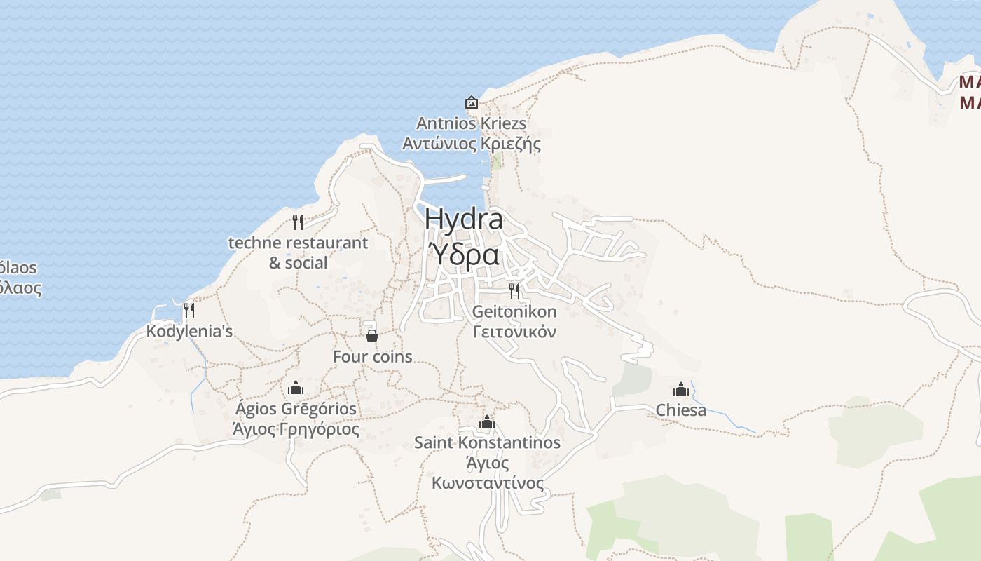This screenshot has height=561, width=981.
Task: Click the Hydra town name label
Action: (464, 219)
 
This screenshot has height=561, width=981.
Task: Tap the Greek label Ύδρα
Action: (464, 255)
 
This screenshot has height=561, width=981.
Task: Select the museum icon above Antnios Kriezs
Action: (472, 102)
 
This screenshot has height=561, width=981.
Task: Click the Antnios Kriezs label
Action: (471, 123)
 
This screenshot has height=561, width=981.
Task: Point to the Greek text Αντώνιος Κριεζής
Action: (471, 144)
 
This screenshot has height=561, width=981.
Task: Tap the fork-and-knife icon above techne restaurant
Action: (298, 222)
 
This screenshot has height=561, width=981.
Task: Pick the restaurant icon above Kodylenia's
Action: (188, 309)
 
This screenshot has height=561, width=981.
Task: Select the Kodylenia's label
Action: (189, 331)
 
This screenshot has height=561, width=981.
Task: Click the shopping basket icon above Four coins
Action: (372, 336)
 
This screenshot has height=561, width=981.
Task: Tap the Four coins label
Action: (372, 356)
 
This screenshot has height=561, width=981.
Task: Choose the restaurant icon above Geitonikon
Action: (514, 290)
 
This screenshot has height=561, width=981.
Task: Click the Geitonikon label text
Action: (514, 311)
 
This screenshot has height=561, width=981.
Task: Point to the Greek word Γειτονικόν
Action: (514, 332)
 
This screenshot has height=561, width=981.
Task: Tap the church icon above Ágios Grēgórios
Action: (296, 388)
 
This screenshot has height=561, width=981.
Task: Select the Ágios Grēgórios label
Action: (296, 408)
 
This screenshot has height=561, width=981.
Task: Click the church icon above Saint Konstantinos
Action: (487, 422)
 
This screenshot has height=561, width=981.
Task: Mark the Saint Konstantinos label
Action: (487, 442)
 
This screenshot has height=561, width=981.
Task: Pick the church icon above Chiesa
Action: (680, 389)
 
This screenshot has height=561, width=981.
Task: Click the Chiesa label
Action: (680, 410)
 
